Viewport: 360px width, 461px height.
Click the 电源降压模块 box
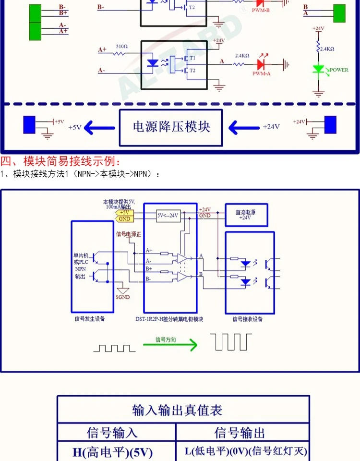[x=171, y=127]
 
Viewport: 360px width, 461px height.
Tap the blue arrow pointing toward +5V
[x=99, y=128]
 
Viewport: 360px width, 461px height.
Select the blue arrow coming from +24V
[x=243, y=128]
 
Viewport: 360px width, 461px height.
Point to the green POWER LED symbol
[x=317, y=70]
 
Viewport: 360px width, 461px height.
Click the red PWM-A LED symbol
[x=262, y=63]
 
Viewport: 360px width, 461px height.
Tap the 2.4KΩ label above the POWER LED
[x=327, y=49]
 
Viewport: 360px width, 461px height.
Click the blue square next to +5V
[x=29, y=125]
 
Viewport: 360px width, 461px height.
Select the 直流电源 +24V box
[x=247, y=215]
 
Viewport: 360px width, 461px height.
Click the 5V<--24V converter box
[x=168, y=215]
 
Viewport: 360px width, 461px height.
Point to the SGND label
[x=122, y=297]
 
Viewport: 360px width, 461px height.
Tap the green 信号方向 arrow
[x=170, y=344]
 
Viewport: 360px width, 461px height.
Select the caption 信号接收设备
[x=248, y=319]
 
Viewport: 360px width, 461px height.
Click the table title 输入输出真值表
[x=177, y=411]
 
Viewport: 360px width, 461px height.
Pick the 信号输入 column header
[x=112, y=433]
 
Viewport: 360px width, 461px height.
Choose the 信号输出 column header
[x=240, y=433]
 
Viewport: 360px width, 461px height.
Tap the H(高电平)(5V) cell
[x=112, y=452]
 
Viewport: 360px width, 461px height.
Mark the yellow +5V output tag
[x=124, y=212]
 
